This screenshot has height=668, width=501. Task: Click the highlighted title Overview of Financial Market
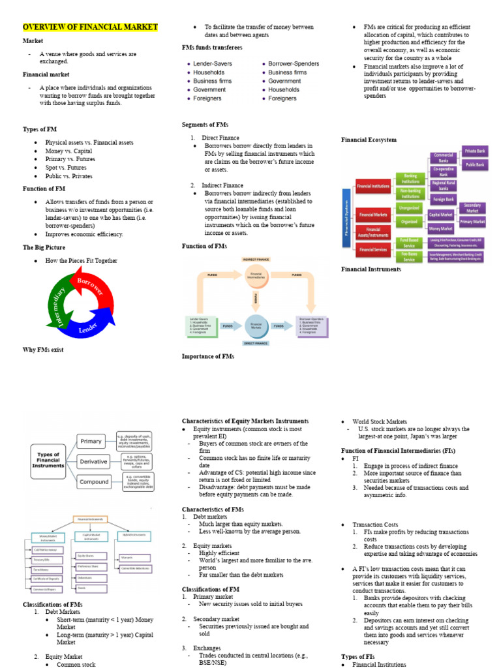coord(90,27)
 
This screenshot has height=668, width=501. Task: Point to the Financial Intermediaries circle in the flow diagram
coord(256,275)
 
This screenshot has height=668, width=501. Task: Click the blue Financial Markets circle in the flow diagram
coord(256,324)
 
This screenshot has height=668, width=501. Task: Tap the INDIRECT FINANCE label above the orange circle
coord(256,260)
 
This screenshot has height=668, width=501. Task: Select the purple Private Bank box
coord(474,151)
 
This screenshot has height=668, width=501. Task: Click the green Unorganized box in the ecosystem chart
coord(408,207)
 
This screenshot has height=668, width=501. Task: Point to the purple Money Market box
coord(441,229)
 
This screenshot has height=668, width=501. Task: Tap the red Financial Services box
coord(373,249)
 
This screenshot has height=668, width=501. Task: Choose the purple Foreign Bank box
coord(443,198)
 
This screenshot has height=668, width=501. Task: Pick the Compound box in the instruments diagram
coord(95,482)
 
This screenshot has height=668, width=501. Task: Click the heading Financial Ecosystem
coord(369,140)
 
